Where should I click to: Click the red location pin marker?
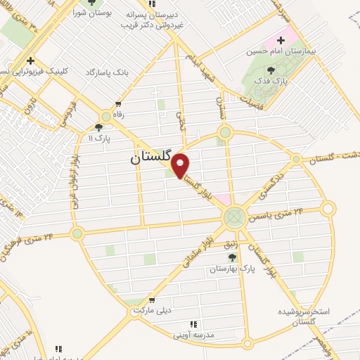pyautogui.click(x=181, y=165)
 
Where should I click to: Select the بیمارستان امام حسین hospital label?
pyautogui.click(x=278, y=51)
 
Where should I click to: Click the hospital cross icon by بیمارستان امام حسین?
pyautogui.click(x=281, y=40)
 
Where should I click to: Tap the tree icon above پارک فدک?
pyautogui.click(x=271, y=70)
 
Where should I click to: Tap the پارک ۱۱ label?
pyautogui.click(x=100, y=139)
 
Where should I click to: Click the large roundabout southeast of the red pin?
pyautogui.click(x=235, y=217)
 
